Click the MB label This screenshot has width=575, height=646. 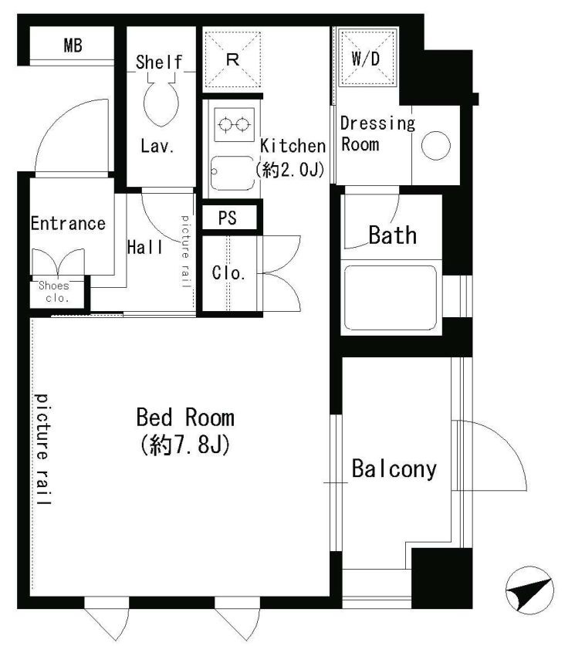[x=73, y=46]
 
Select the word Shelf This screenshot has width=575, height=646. [x=159, y=63]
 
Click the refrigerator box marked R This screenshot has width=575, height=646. [x=233, y=59]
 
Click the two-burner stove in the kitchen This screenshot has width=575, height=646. [x=234, y=124]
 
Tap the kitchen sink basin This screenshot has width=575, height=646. [x=232, y=173]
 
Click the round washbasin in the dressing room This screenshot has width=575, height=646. [x=436, y=145]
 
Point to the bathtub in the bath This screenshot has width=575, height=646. [x=390, y=298]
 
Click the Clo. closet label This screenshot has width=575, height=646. [x=228, y=273]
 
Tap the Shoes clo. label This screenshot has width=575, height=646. [x=55, y=292]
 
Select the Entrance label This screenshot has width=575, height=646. [x=69, y=223]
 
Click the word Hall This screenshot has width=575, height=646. [x=145, y=247]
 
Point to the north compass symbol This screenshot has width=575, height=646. [x=529, y=590]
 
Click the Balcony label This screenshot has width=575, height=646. [x=394, y=468]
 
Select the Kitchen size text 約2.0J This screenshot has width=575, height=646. [x=290, y=169]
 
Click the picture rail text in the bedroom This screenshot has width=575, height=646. [x=42, y=449]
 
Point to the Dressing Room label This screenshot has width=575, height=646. [x=377, y=134]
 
